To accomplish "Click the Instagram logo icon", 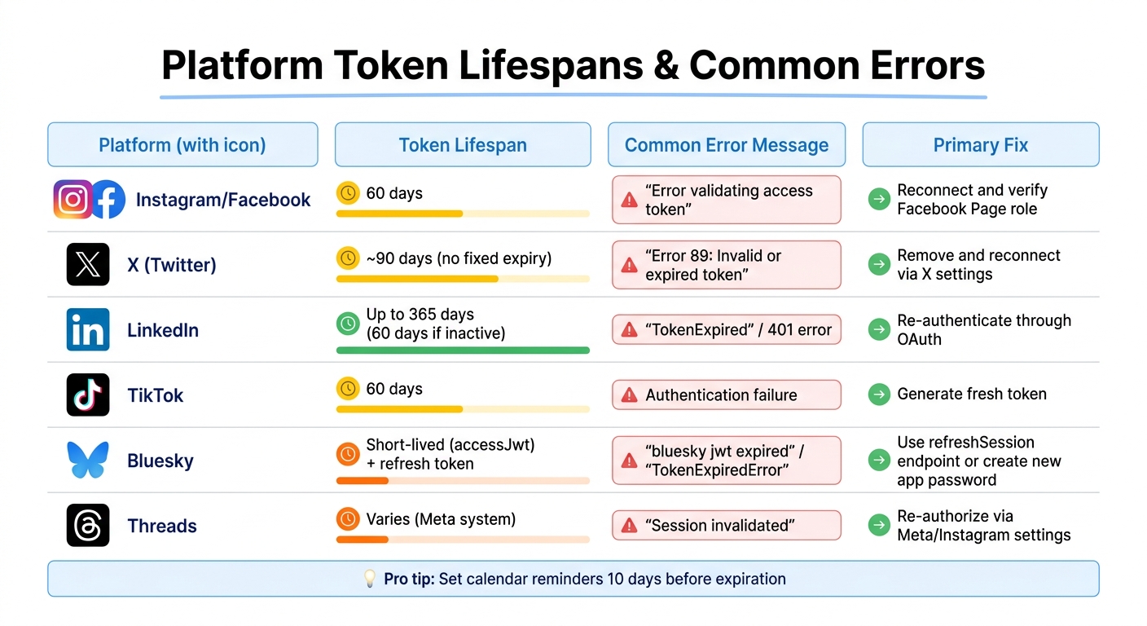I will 73,200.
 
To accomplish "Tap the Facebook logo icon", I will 108,200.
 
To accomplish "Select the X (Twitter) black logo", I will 88,265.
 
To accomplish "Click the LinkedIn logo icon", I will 88,330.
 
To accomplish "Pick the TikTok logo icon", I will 88,395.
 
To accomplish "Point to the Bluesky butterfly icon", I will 88,461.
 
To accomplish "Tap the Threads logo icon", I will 88,526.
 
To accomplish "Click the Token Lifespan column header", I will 463,145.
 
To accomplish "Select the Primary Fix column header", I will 980,145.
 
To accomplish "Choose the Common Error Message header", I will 726,145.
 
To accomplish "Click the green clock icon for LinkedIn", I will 348,324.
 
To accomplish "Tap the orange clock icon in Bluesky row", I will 348,454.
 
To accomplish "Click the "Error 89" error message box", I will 726,265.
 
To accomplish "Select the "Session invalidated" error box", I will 726,526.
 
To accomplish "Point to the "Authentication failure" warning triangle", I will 629,395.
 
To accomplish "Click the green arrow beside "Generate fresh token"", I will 879,395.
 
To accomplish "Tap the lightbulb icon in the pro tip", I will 370,579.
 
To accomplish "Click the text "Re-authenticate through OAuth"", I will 984,329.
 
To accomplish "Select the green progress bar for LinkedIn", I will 463,350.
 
